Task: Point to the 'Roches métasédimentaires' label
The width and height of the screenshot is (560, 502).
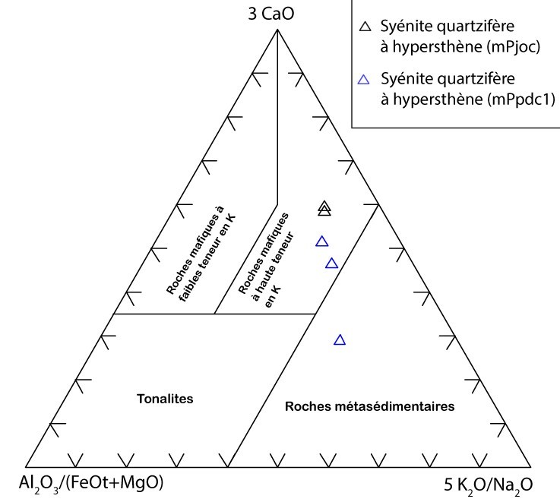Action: tap(369, 407)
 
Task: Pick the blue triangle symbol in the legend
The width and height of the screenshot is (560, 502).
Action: tap(365, 79)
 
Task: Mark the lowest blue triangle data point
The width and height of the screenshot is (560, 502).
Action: tap(340, 340)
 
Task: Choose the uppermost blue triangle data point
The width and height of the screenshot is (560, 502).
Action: tap(321, 242)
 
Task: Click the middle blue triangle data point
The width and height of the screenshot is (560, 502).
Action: tap(331, 264)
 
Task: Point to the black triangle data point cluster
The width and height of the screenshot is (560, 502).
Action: tap(324, 207)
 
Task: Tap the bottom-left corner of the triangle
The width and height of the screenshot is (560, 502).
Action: tap(25, 466)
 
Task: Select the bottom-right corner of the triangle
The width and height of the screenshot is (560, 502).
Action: tap(530, 466)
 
